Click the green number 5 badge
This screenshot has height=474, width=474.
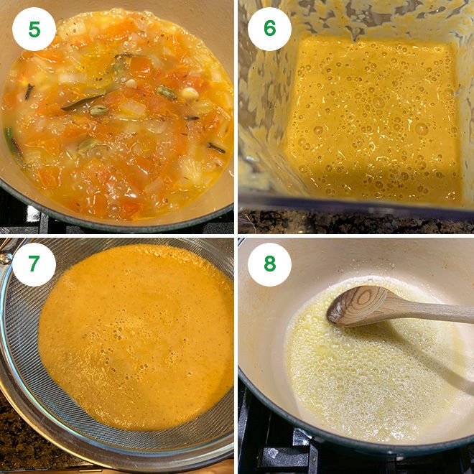click(34, 29)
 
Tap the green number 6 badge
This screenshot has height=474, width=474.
click(269, 29)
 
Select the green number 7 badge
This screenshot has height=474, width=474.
click(34, 264)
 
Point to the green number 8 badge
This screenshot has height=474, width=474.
click(269, 264)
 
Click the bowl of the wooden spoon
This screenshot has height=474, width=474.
click(357, 304)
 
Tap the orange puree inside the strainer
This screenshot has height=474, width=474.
click(136, 338)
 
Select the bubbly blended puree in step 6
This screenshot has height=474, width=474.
click(373, 122)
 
